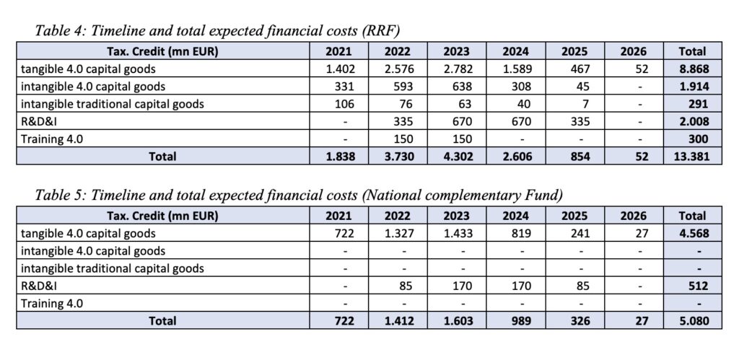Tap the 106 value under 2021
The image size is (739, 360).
click(344, 104)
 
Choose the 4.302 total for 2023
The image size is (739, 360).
click(457, 156)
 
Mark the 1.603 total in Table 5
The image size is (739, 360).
click(457, 320)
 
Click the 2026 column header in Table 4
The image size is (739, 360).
click(633, 51)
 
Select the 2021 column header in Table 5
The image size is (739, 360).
click(339, 216)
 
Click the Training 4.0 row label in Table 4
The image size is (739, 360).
click(51, 139)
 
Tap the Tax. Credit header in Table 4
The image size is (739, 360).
click(162, 51)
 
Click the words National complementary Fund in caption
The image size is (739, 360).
click(462, 194)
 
